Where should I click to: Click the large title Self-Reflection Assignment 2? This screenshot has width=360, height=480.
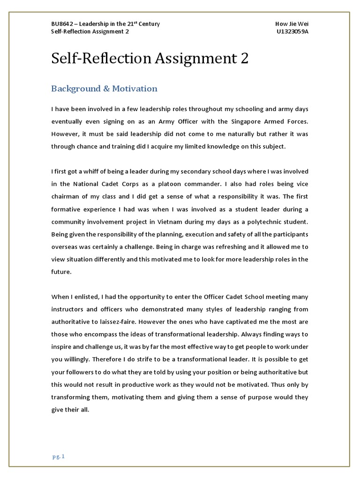150,59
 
